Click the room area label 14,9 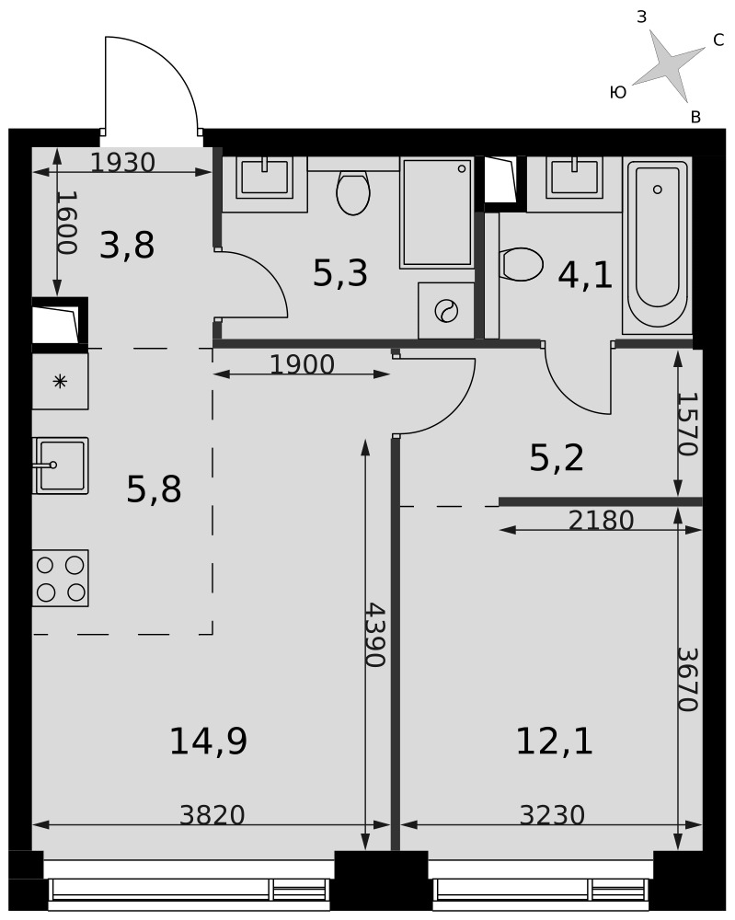(x=208, y=741)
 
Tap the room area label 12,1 (x=555, y=741)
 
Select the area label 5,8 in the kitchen (x=154, y=490)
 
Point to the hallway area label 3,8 (x=127, y=246)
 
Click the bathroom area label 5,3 (x=340, y=273)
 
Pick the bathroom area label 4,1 (x=585, y=276)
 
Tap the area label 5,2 (x=557, y=458)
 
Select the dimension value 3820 (x=212, y=815)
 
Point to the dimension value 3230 (x=552, y=815)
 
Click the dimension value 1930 (x=122, y=163)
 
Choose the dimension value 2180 (x=602, y=520)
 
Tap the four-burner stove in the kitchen (x=61, y=578)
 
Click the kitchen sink (x=61, y=466)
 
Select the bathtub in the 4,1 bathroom (x=658, y=243)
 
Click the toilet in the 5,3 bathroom (x=353, y=191)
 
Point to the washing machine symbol (x=446, y=310)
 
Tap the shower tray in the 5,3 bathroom (x=436, y=213)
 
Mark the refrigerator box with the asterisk (x=60, y=382)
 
